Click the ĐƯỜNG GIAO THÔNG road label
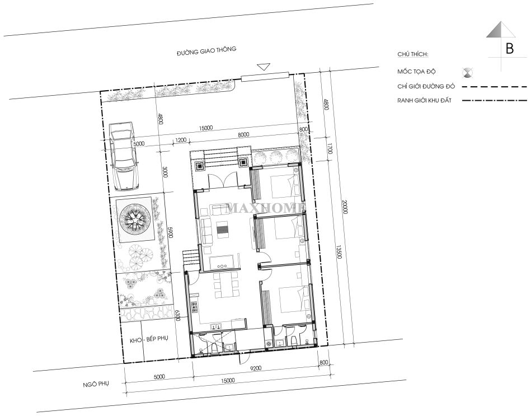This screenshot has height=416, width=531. [x=206, y=51]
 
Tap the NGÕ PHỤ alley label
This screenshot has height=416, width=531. [x=96, y=384]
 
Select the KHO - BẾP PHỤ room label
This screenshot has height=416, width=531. [x=149, y=338]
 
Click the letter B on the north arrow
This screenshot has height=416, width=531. [x=510, y=49]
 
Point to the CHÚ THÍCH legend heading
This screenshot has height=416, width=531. [x=413, y=54]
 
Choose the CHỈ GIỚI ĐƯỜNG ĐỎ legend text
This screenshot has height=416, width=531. [x=426, y=86]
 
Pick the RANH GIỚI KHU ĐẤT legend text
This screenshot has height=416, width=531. [x=424, y=100]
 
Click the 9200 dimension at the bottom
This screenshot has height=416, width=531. [x=257, y=368]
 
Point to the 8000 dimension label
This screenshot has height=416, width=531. [x=243, y=134]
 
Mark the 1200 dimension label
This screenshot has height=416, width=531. [x=181, y=140]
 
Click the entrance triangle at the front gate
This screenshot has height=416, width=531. [x=264, y=67]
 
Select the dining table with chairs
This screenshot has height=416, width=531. [x=225, y=286]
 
